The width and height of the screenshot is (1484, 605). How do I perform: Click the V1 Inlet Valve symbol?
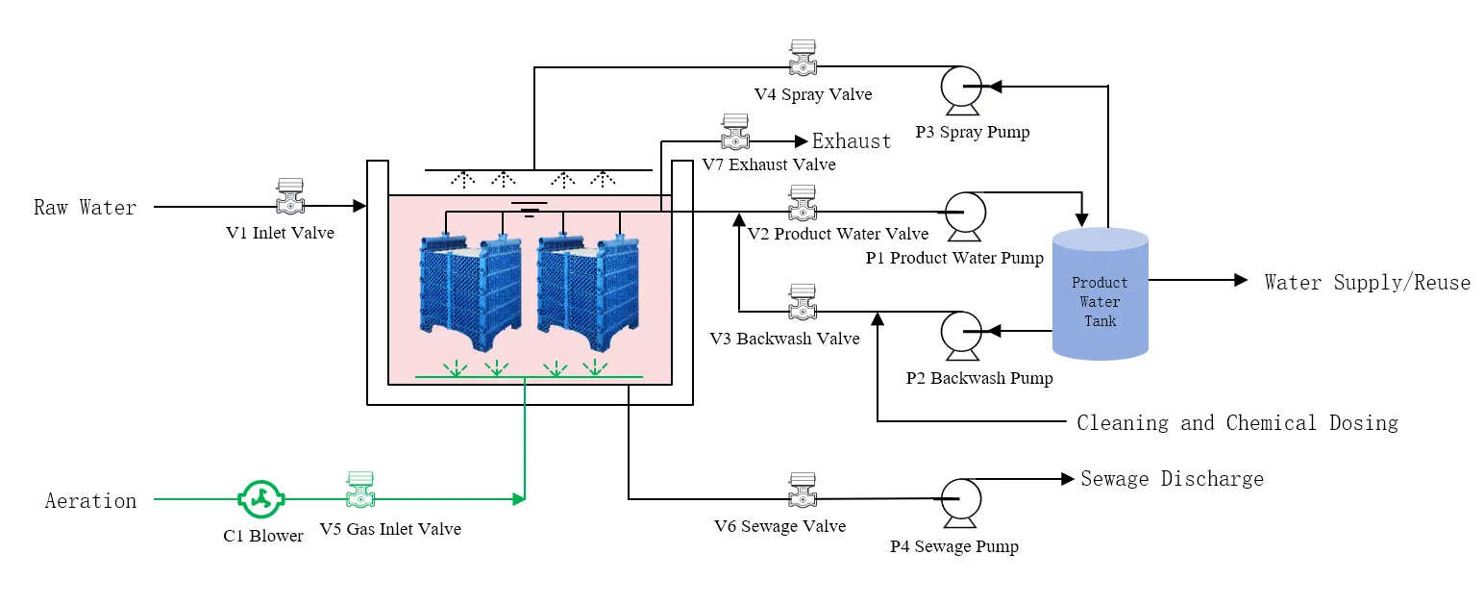[x=289, y=197]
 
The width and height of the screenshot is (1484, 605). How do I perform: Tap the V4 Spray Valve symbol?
[x=803, y=59]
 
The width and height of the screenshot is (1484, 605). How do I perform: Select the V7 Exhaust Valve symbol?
[x=735, y=133]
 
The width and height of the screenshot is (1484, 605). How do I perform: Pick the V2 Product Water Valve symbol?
[x=803, y=203]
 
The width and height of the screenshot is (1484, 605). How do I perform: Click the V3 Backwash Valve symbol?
[x=803, y=303]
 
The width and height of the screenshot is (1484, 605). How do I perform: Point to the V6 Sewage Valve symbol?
[x=803, y=491]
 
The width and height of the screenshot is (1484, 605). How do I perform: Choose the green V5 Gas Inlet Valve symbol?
[x=360, y=491]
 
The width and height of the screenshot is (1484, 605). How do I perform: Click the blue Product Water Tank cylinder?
[x=1101, y=294]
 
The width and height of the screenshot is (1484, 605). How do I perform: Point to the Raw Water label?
[x=85, y=207]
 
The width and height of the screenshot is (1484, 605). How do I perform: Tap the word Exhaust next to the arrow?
[x=852, y=141]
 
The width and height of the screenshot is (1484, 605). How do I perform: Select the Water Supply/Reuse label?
[x=1367, y=282]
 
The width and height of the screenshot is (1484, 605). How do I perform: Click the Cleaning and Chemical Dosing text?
[x=1237, y=422]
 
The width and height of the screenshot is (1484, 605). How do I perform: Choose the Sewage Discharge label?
[x=1172, y=479]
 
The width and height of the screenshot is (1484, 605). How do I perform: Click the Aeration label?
[x=90, y=500]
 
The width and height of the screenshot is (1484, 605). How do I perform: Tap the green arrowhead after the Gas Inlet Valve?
[x=519, y=498]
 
